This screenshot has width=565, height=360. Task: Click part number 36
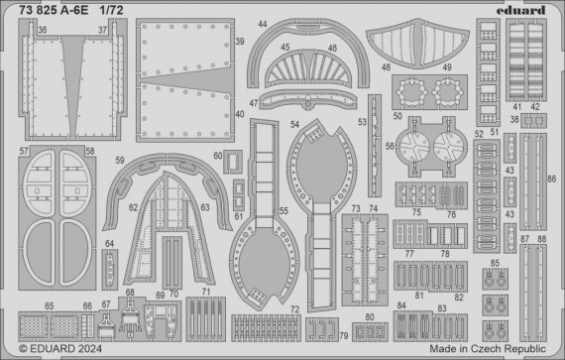click(43, 30)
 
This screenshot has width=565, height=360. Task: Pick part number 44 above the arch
click(264, 23)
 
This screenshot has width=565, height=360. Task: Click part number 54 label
click(294, 124)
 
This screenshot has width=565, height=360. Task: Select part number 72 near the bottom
click(295, 310)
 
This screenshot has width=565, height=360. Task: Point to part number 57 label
click(23, 151)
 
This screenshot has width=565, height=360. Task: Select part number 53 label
click(362, 123)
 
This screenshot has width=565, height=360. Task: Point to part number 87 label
click(523, 239)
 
